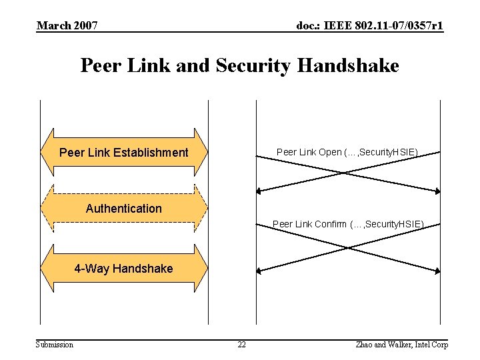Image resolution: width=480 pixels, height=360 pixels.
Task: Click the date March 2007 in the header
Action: click(67, 26)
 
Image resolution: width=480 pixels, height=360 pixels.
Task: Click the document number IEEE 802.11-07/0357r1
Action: click(370, 26)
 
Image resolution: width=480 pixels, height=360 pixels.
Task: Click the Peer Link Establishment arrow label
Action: click(124, 153)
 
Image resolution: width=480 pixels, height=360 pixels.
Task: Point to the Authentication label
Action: click(124, 209)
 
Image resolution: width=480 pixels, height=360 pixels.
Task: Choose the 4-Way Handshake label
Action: click(123, 269)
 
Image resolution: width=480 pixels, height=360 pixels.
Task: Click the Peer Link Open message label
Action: click(347, 153)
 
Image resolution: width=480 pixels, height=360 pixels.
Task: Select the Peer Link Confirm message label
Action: click(348, 224)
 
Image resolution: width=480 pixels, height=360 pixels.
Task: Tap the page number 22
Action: click(241, 344)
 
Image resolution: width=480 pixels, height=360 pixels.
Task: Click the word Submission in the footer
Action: click(55, 344)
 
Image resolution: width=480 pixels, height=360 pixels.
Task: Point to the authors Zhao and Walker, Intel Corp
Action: click(402, 344)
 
